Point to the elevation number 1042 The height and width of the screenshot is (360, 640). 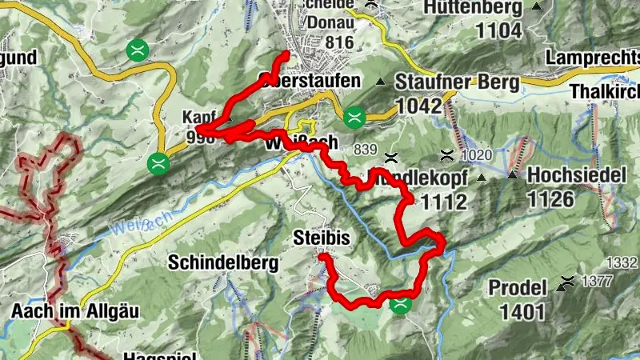(x=418, y=106)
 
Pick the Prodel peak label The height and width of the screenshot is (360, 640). (x=518, y=287)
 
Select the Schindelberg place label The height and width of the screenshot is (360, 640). (x=223, y=262)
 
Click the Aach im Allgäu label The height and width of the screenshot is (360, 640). (x=65, y=310)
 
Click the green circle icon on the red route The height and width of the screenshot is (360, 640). (x=400, y=303)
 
